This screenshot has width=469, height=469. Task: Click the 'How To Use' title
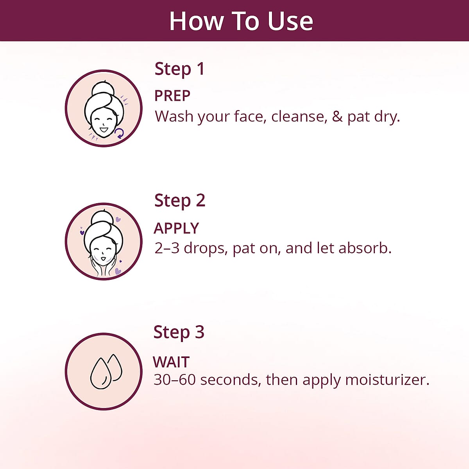point(241,21)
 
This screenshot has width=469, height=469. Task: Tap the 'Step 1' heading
point(179,69)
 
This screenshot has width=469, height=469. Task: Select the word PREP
point(172,95)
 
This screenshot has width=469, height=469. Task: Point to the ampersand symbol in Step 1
point(337,116)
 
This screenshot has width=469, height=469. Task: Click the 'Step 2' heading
point(180,201)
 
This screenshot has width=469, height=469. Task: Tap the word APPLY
point(176,228)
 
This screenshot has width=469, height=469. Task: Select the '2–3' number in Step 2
point(167,248)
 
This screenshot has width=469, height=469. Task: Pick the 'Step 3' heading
point(179,332)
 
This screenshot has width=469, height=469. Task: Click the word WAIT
point(171,362)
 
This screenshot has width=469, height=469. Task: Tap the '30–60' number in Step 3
point(174,379)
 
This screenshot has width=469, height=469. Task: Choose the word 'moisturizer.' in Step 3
point(387,379)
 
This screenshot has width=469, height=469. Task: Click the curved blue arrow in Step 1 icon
point(120,133)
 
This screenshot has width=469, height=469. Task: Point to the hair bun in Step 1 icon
point(102,88)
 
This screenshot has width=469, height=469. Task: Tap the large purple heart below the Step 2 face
point(118,271)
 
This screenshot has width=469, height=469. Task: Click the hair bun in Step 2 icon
point(102,217)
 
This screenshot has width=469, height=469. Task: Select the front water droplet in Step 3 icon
point(101,373)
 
